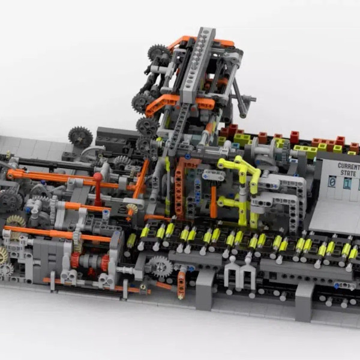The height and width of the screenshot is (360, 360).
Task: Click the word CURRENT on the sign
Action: click(349, 166)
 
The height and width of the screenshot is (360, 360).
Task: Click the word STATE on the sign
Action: click(348, 173)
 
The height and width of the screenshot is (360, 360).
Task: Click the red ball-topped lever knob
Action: click(98, 177)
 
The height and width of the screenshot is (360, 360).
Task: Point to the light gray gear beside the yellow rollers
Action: click(160, 266)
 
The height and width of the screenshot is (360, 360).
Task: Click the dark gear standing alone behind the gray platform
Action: click(80, 137)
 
